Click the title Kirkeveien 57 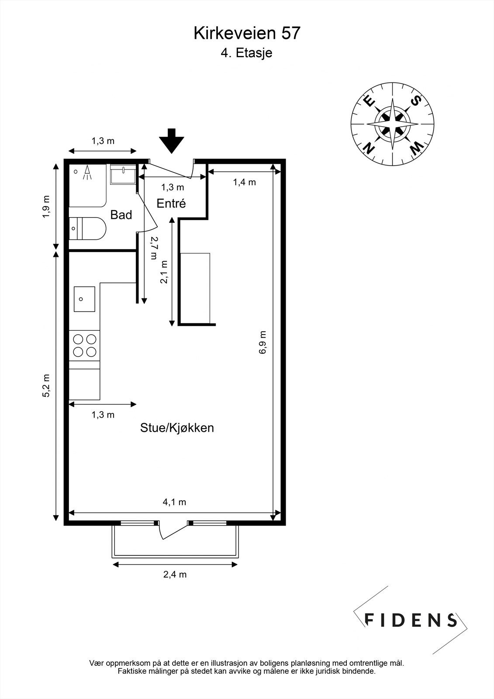coord(247,33)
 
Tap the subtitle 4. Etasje coord(246,53)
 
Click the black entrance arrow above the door coord(171,141)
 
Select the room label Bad coord(121,215)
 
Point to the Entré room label coord(171,204)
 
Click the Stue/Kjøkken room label coord(177,428)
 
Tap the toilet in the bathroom coord(87,228)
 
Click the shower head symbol coord(87,173)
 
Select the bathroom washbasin coord(123,174)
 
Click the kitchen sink coord(84,299)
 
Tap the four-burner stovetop coord(84,346)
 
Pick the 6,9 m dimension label coord(263,343)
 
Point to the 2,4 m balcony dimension coord(175,574)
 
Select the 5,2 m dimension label coord(46,385)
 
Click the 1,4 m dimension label coord(244,182)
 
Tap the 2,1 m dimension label coord(164,272)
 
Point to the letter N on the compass coord(370,148)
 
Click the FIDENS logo coord(411,620)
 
